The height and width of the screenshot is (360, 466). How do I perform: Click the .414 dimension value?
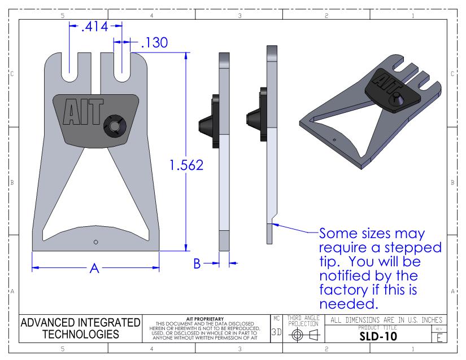click(x=94, y=27)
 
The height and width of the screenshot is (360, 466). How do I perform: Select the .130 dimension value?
click(x=154, y=42)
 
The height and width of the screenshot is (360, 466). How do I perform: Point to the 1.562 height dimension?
click(x=186, y=165)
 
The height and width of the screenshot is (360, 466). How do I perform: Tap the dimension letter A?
click(x=94, y=268)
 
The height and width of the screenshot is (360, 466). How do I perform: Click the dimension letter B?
click(x=197, y=264)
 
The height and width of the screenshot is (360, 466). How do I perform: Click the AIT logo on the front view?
click(x=83, y=112)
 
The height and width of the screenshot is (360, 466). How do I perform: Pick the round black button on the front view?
click(x=115, y=126)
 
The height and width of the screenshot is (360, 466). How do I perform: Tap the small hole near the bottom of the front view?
click(x=95, y=242)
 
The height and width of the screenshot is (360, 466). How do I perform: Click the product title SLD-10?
click(x=378, y=336)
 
